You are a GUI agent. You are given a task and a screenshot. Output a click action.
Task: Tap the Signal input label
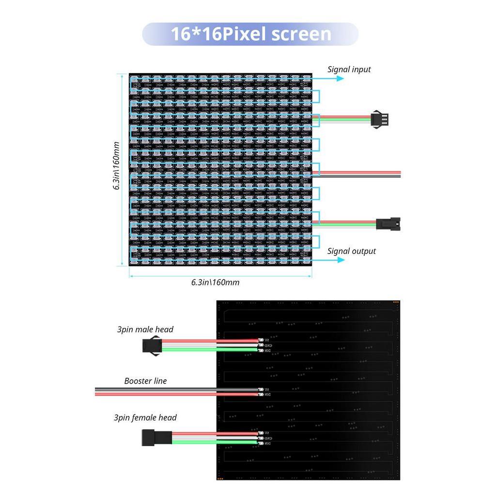pos(349,69)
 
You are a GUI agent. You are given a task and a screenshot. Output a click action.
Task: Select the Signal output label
pos(351,251)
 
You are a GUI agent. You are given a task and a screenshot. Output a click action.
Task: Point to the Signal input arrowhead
pos(341,78)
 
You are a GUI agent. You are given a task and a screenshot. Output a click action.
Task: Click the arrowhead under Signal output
pos(341,260)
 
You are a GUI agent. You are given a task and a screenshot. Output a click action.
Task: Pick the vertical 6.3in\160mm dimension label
pos(116,166)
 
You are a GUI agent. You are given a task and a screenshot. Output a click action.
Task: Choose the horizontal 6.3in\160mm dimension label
pos(215,282)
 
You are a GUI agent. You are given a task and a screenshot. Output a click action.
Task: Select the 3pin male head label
pos(145,329)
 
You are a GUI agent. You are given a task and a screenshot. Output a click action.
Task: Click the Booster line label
pos(145,381)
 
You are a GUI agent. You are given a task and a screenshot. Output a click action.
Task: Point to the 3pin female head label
pos(145,418)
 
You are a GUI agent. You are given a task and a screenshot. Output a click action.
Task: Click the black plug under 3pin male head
pos(152,345)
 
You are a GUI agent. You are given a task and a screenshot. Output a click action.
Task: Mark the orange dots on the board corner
pos(396,303)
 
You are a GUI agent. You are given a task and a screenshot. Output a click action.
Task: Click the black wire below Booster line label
pos(174,389)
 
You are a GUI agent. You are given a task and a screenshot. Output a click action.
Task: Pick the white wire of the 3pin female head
pos(213,438)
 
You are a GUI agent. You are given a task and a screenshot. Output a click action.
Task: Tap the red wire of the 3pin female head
pos(213,434)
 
